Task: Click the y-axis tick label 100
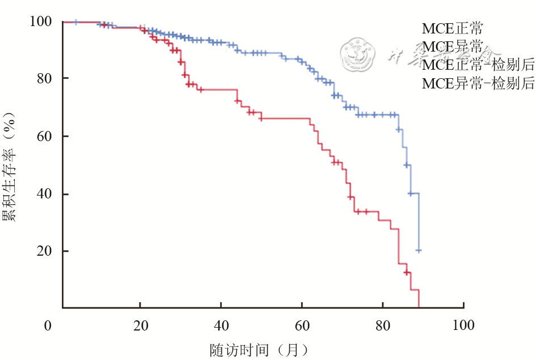tap(41, 22)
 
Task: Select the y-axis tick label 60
tap(45, 136)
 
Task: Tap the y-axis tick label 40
tap(45, 194)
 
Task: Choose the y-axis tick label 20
tap(45, 251)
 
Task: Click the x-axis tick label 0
tap(48, 325)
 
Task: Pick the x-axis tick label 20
tap(140, 325)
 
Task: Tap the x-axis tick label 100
tap(463, 325)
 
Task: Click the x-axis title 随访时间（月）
tap(259, 348)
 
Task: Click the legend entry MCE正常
tap(452, 28)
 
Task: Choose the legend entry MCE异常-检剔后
tap(478, 84)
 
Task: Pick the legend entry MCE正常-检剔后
tap(478, 65)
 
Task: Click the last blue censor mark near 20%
tap(419, 250)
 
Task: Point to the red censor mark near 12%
tap(406, 273)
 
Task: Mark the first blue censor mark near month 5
tap(76, 22)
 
